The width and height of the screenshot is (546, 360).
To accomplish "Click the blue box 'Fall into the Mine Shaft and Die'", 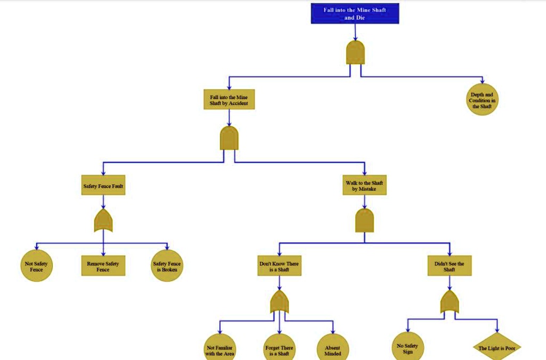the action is (x=355, y=13).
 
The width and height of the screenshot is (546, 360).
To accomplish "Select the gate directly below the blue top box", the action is (x=355, y=53).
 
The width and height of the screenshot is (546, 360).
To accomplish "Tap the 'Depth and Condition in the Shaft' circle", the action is (x=482, y=100).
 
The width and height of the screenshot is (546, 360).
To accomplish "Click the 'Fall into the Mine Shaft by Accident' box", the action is (x=229, y=100).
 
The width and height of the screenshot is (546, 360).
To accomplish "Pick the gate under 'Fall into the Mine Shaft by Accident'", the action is (x=229, y=138).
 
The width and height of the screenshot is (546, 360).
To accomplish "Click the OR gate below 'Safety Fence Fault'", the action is (x=103, y=221).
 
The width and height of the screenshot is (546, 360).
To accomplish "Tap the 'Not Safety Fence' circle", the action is (x=37, y=266).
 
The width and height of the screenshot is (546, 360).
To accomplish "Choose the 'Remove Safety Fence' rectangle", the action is (x=103, y=266).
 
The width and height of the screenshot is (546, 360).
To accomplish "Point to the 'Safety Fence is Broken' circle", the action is (x=167, y=266).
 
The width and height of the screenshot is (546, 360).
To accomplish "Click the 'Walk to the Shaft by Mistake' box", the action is (x=365, y=185).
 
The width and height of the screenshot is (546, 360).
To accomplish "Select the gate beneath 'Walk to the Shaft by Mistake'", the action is (x=365, y=220).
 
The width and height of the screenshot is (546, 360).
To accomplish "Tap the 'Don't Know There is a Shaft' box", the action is (x=279, y=266).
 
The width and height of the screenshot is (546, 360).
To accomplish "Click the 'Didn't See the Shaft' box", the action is (x=449, y=266).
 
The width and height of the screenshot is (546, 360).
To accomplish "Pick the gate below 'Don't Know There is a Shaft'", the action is (x=279, y=302).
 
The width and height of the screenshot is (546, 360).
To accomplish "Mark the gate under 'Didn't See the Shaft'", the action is (x=449, y=302).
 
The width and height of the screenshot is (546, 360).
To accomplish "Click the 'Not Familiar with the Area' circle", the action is (x=220, y=348).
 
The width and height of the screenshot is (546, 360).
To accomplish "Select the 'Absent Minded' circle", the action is (x=333, y=348).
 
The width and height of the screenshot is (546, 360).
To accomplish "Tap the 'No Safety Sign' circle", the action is (x=408, y=348).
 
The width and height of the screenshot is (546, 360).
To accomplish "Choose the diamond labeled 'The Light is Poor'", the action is (x=497, y=347).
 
